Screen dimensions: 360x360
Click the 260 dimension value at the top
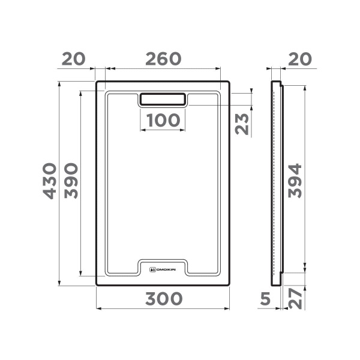[x=163, y=59]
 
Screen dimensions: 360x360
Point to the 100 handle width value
[x=163, y=120]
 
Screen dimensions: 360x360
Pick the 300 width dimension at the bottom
[x=163, y=298]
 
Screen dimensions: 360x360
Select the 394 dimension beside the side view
[x=294, y=181]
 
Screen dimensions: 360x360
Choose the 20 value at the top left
[x=74, y=59]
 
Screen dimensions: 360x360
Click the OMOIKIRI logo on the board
[x=162, y=269]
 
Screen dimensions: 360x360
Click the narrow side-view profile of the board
[x=277, y=180]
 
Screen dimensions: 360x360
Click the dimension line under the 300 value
[x=163, y=310]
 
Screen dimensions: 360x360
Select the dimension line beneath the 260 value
[x=163, y=70]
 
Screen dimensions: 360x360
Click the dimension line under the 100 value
[x=163, y=130]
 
